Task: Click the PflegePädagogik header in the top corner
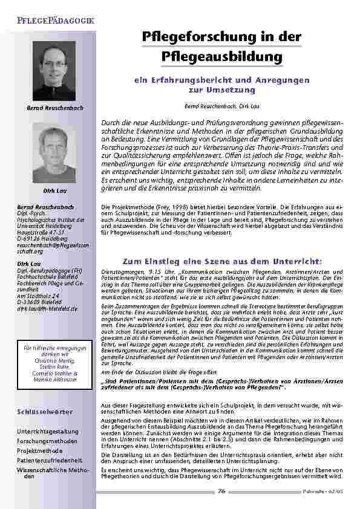point(55,21)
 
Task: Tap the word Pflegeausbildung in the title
point(223,56)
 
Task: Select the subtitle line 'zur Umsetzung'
point(221,89)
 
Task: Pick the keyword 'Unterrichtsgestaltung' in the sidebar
point(48,432)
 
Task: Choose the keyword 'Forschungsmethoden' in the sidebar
point(45,441)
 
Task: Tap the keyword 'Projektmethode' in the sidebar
point(40,450)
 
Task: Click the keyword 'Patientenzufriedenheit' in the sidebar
point(48,459)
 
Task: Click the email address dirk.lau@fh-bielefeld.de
point(48,308)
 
